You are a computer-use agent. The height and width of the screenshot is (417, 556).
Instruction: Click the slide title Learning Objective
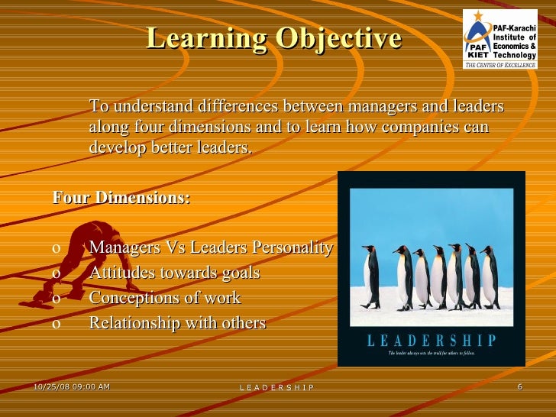pos(273,38)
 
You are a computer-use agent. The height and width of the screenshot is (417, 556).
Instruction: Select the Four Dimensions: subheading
pos(121,199)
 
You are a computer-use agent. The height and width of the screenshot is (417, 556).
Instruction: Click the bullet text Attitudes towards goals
pos(174,273)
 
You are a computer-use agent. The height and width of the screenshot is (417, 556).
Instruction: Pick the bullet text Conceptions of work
pos(164,298)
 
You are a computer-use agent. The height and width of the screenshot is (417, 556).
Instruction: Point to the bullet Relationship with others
pos(177,323)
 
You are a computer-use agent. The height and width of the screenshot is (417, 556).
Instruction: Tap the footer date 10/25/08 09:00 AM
pos(72,386)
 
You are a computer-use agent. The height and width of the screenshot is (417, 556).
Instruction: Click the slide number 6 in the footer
pos(519,386)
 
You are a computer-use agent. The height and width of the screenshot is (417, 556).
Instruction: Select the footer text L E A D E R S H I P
pos(276,388)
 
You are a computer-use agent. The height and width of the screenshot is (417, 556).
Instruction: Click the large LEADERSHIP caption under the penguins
pos(432,341)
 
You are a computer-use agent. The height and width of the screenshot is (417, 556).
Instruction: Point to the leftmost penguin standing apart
pos(370,277)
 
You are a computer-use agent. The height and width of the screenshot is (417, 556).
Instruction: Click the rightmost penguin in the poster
pos(489,277)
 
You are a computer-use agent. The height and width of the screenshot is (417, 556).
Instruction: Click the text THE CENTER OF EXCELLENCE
pos(500,65)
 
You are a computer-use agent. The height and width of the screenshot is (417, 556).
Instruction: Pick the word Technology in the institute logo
pos(514,54)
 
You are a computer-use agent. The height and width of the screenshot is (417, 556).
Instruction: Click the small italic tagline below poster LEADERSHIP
pos(432,354)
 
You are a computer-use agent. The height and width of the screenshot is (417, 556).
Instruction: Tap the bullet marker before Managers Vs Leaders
pos(57,249)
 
